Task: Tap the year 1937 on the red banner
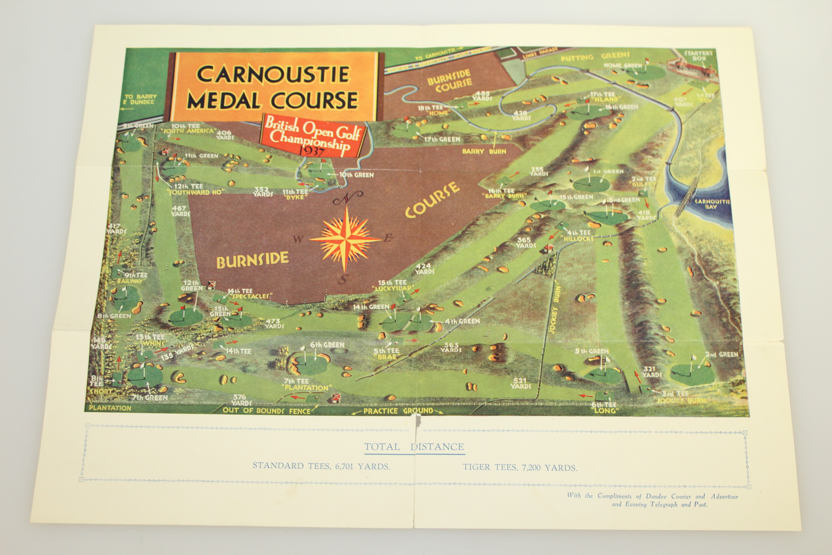click(312, 151)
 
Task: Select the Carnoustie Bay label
click(712, 204)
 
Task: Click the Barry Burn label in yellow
click(484, 152)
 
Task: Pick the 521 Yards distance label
click(520, 383)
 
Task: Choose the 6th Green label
click(327, 345)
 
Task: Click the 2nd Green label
click(722, 354)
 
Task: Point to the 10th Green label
click(356, 175)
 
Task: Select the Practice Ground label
click(398, 411)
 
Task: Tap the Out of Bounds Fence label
click(266, 411)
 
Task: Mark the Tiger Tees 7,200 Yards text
click(520, 468)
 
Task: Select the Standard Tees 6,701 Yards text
click(321, 466)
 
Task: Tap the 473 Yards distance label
click(274, 323)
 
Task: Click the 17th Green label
click(442, 139)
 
